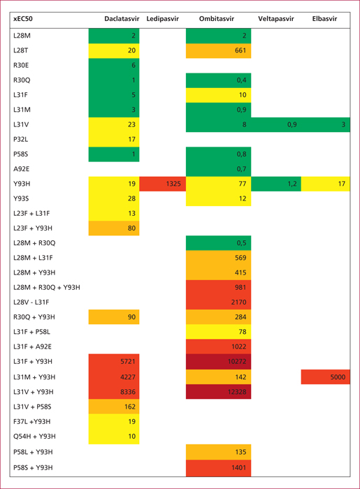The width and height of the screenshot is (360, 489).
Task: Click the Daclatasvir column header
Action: tap(122, 19)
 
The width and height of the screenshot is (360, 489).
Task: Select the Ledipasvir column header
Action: tap(163, 19)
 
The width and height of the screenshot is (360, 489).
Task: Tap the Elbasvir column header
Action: tap(324, 19)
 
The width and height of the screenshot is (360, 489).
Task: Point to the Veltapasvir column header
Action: tap(276, 19)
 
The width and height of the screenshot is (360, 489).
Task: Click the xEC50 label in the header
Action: tap(23, 19)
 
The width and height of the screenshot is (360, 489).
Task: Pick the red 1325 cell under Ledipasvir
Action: tap(163, 184)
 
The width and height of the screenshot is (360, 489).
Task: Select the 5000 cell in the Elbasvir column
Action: tap(325, 377)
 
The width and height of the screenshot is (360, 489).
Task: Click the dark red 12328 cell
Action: tap(218, 392)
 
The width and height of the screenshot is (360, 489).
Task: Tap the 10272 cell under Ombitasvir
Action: tap(218, 362)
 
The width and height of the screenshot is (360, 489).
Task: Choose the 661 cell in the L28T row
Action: tap(218, 50)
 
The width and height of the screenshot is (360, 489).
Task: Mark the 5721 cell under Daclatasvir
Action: tap(114, 361)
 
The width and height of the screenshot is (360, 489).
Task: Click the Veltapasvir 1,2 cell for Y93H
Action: tap(276, 184)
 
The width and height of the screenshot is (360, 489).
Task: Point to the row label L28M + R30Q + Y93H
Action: tap(46, 287)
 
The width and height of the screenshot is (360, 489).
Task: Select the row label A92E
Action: tap(22, 169)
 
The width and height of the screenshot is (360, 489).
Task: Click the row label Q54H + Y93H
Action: tap(34, 437)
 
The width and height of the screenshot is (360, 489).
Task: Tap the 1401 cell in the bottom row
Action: tap(218, 468)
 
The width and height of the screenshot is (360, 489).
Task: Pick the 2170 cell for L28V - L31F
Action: tap(218, 302)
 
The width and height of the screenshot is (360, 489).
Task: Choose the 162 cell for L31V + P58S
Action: tap(114, 407)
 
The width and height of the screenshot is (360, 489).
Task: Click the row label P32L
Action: tap(20, 140)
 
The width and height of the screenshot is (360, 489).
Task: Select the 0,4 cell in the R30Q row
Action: tap(218, 80)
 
